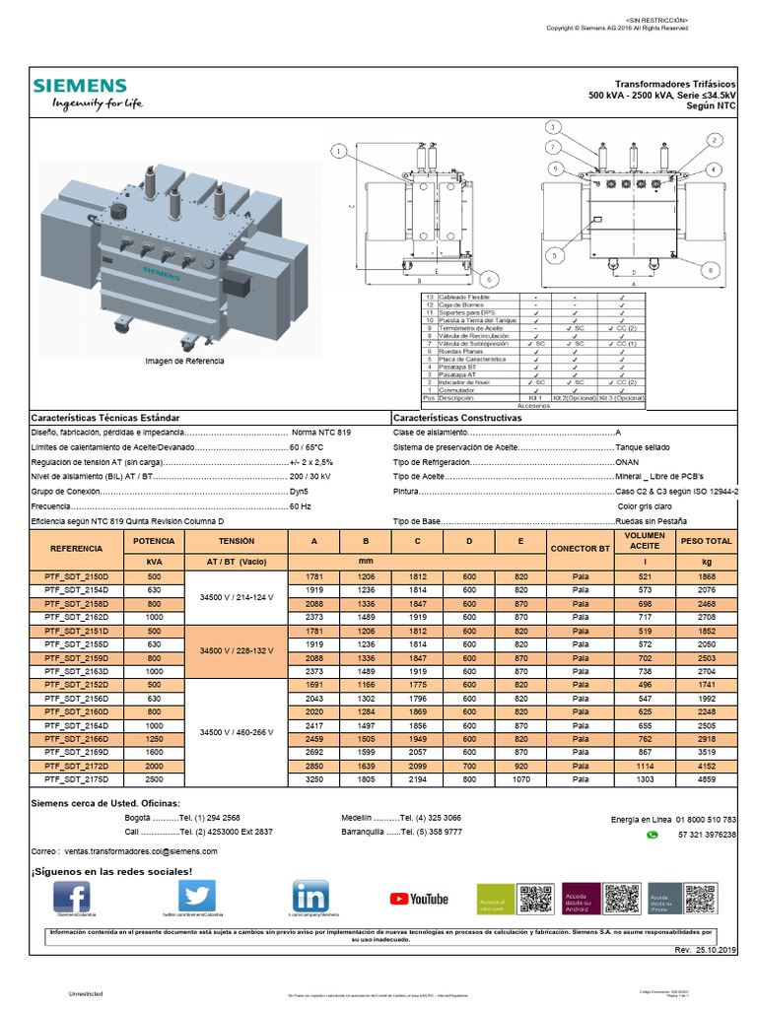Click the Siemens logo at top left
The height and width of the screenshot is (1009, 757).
tap(80, 86)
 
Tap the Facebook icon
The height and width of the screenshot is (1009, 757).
tap(72, 898)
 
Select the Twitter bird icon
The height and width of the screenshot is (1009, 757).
tap(196, 898)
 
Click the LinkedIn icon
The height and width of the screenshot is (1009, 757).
tap(310, 898)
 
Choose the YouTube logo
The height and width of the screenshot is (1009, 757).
tap(419, 899)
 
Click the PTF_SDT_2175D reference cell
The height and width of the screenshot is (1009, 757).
tap(76, 777)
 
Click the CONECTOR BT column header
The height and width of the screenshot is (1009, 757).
tap(581, 548)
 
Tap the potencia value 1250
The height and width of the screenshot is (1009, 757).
tap(154, 737)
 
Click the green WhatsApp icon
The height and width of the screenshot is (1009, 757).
tap(651, 834)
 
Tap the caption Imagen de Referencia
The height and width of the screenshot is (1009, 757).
tap(184, 362)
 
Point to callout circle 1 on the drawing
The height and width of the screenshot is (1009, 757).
tap(340, 152)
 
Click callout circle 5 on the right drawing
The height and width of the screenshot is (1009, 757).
tap(555, 255)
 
